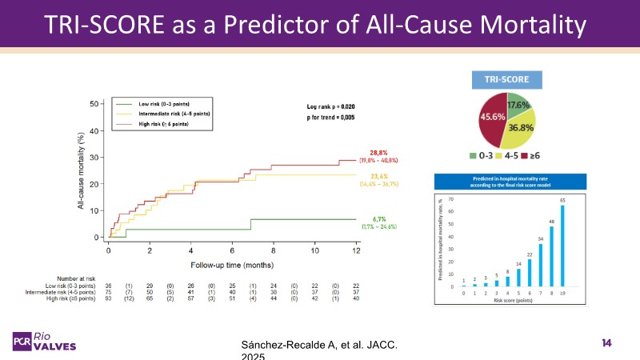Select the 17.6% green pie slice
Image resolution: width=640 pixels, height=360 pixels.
coord(519,105)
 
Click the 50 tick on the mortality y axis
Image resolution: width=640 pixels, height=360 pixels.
coord(94,103)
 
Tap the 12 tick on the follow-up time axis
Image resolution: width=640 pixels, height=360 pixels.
coord(357,250)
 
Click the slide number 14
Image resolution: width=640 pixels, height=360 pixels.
coord(606,343)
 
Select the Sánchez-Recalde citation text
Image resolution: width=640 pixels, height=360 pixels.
coord(318,345)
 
